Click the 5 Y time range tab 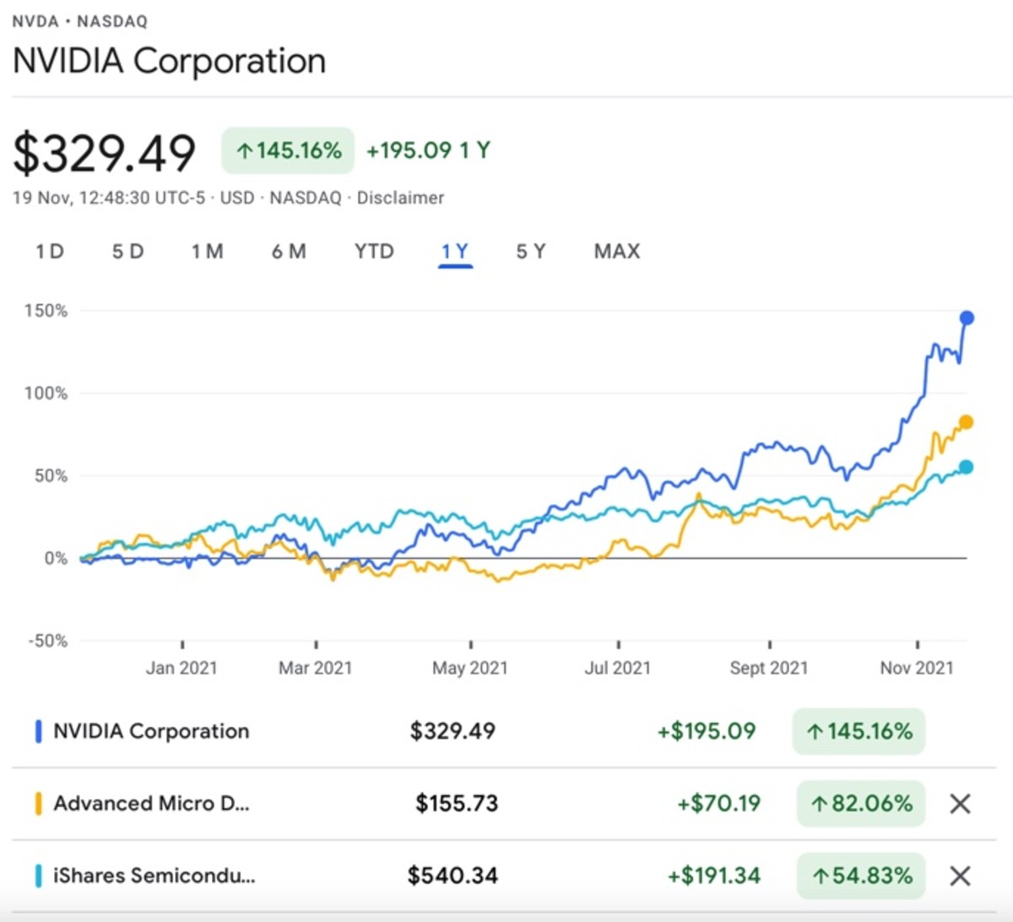tap(531, 252)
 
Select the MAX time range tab tap(617, 252)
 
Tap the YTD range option tap(374, 252)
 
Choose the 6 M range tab tap(289, 252)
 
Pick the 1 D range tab tap(50, 252)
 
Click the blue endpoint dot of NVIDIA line tap(967, 318)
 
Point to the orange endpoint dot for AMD tap(966, 422)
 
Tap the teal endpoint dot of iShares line tap(966, 467)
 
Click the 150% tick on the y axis tap(46, 311)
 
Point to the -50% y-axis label tap(47, 641)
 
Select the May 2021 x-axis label tap(470, 668)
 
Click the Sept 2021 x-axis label tap(769, 668)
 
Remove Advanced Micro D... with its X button tap(960, 804)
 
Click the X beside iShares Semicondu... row tap(960, 876)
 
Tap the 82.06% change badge tap(861, 804)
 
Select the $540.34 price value tap(452, 876)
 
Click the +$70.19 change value tap(718, 803)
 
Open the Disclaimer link tap(400, 198)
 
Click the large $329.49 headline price tap(105, 154)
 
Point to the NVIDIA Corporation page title tap(170, 62)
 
